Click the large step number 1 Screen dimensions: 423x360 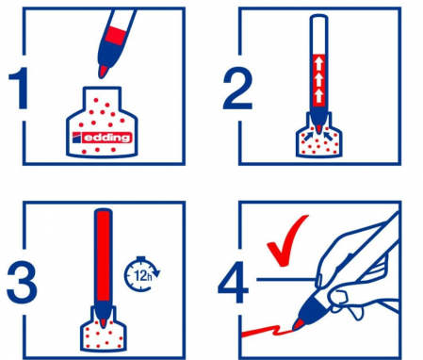[20, 88]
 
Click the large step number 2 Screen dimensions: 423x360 [237, 89]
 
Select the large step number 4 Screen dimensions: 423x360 [233, 282]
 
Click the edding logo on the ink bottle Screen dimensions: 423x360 [102, 138]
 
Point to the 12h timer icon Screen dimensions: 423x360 [142, 274]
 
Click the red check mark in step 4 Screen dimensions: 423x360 [287, 240]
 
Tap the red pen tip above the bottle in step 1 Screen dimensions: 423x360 [104, 72]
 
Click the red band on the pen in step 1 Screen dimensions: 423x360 [116, 36]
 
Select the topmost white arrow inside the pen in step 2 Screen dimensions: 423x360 [318, 63]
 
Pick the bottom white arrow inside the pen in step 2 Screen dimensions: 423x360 [318, 96]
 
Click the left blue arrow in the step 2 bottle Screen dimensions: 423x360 [309, 135]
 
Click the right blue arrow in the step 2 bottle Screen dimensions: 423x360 [329, 135]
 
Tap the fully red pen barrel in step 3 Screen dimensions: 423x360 [104, 256]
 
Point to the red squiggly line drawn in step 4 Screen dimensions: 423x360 [268, 331]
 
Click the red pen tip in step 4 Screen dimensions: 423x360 [298, 324]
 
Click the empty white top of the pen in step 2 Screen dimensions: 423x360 [318, 35]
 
